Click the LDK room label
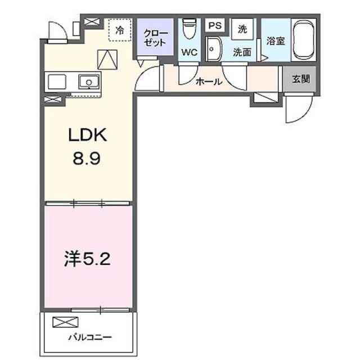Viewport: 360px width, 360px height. tap(87, 136)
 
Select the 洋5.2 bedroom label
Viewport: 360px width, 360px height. tap(89, 260)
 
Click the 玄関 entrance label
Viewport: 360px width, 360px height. tap(301, 79)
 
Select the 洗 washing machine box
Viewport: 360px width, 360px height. tap(242, 29)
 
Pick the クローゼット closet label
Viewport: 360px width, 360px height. tap(155, 37)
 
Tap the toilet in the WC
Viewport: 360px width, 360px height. tap(189, 29)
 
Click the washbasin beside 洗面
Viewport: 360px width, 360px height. tap(213, 49)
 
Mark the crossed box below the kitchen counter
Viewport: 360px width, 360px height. tap(53, 100)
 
